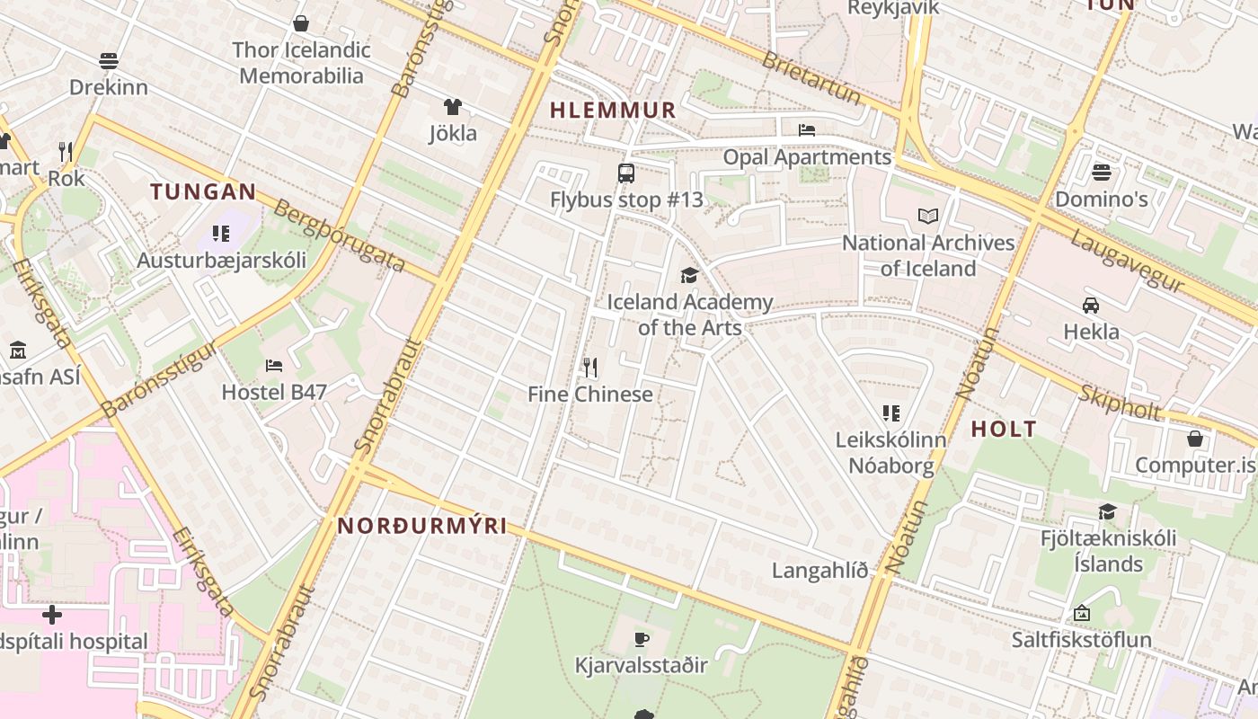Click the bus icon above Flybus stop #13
point(626,173)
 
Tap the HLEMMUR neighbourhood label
point(612,111)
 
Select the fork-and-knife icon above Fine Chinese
point(590,367)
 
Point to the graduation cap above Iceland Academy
point(689,275)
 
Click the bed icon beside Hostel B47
point(274,365)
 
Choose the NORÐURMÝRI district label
point(422,526)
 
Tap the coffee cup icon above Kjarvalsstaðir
point(641,639)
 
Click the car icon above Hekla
point(1091,305)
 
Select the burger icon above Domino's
point(1102,172)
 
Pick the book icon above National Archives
point(928,216)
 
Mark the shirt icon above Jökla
point(453,107)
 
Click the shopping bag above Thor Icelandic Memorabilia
point(301,22)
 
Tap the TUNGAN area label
point(203,191)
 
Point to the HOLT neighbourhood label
point(1004,429)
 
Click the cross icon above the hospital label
point(52,615)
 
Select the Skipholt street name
point(1120,404)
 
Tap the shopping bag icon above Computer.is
point(1195,439)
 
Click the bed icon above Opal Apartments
point(806,130)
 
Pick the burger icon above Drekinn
point(109,60)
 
